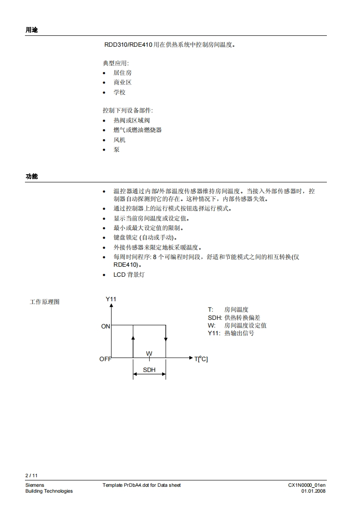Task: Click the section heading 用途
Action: point(32,30)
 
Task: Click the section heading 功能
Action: point(32,176)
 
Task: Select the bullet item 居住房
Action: point(123,73)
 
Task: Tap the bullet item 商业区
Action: point(123,82)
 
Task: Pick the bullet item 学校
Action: point(119,92)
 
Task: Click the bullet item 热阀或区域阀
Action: point(132,120)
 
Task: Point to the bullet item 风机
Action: point(119,140)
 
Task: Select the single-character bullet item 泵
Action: point(117,149)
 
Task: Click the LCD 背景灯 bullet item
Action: point(129,274)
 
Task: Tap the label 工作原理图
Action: point(44,302)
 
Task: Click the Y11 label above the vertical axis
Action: point(111,299)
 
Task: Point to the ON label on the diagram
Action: point(106,326)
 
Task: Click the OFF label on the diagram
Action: point(105,359)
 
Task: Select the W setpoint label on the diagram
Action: point(149,353)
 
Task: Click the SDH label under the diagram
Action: point(149,370)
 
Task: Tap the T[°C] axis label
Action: point(201,359)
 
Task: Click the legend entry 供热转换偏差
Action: point(242,318)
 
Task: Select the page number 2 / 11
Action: point(31,475)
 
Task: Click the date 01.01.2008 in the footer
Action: point(313,491)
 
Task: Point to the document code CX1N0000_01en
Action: point(307,485)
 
